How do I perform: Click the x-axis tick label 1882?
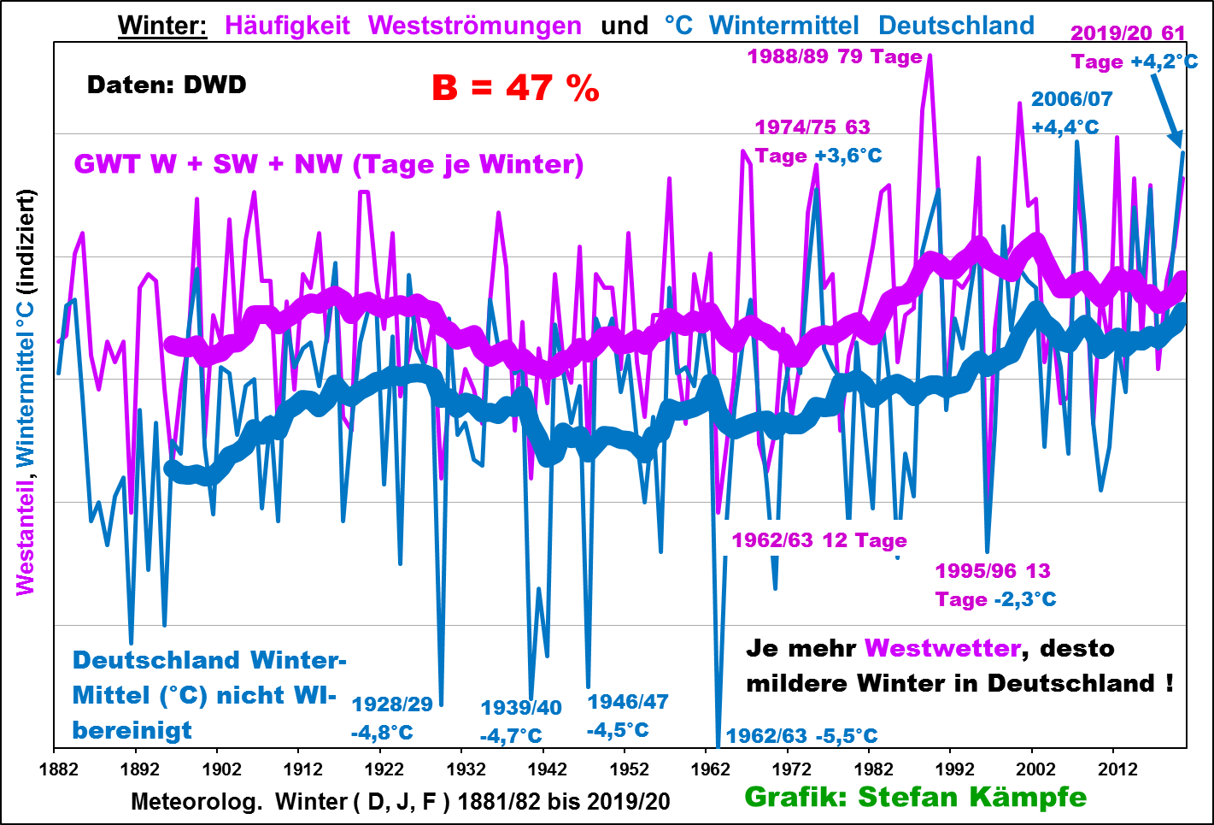[58, 769]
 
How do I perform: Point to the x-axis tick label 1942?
[547, 769]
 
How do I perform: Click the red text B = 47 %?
[515, 88]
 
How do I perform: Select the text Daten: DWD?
[167, 85]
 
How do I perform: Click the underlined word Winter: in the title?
[162, 26]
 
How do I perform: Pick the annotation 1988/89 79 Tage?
[834, 56]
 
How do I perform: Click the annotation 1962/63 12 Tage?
[818, 540]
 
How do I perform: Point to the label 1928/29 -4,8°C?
[392, 718]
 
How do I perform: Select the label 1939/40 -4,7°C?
[520, 722]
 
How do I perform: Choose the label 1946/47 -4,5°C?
[627, 716]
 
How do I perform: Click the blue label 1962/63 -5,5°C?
[801, 736]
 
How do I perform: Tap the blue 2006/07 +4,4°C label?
[1071, 113]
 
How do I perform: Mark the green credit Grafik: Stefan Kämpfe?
[915, 797]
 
